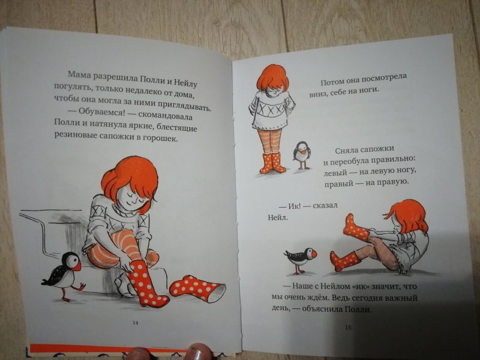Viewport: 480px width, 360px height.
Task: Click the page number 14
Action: [136, 322]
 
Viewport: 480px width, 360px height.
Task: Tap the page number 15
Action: [348, 327]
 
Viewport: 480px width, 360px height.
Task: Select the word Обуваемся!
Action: [101, 112]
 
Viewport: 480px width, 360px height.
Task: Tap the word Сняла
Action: [347, 151]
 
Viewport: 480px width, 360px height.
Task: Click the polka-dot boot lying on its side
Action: [197, 289]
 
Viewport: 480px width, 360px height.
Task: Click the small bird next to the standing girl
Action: [302, 155]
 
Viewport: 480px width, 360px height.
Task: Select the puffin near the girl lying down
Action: [301, 259]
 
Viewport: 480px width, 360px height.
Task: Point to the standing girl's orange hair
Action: [272, 78]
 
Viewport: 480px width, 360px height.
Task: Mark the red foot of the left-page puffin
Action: [81, 287]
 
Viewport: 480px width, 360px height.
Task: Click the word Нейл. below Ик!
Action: [278, 217]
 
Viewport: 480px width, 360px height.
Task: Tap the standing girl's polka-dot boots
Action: [272, 163]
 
